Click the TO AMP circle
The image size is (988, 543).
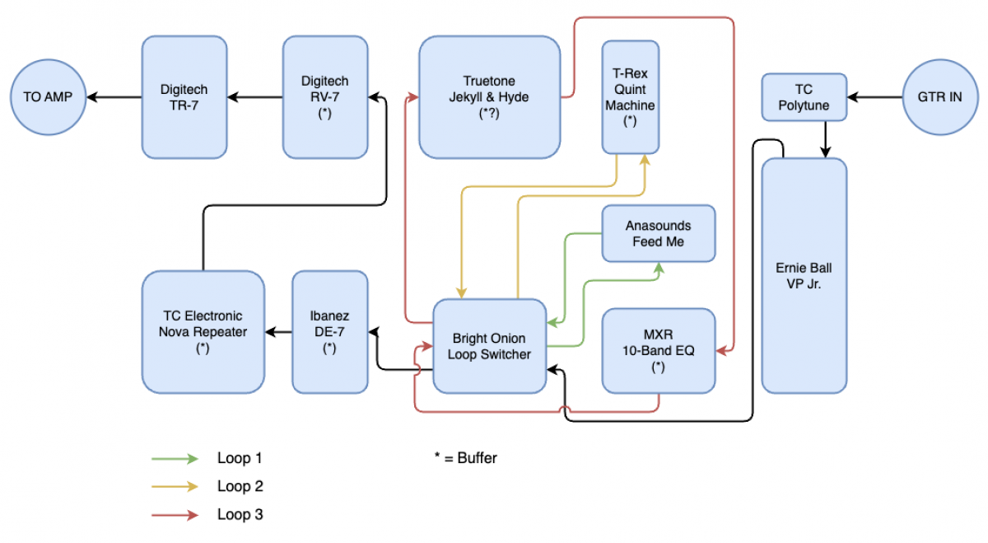48,97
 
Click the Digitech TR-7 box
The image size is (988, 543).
184,97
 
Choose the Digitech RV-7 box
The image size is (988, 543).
324,97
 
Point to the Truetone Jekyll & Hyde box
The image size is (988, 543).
489,97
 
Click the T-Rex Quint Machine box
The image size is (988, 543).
630,97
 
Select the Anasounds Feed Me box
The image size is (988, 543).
658,234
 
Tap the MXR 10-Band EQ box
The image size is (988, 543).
658,351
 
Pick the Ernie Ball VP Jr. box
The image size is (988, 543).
804,275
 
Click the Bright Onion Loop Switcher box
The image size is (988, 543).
489,346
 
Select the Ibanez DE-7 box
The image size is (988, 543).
329,331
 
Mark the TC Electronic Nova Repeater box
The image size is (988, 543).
203,331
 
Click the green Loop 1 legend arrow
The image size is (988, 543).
175,458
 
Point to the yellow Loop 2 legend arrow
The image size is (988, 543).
175,486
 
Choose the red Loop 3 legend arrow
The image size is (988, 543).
175,515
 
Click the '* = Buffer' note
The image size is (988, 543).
466,458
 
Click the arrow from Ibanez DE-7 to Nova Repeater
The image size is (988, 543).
278,332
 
